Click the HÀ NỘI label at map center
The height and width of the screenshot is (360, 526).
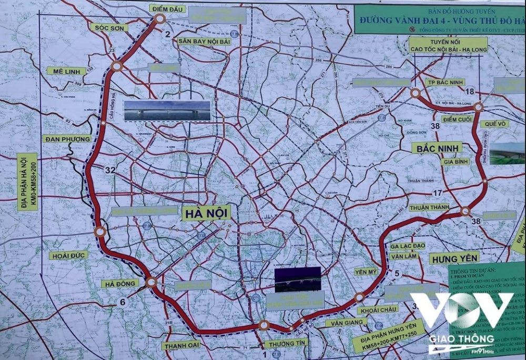tap(207, 213)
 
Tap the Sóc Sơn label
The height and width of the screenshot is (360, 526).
tap(109, 27)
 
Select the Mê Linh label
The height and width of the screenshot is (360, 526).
tap(66, 71)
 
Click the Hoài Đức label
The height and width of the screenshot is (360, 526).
tap(68, 255)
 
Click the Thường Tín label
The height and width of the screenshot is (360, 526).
tap(286, 344)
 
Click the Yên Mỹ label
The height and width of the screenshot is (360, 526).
tap(366, 272)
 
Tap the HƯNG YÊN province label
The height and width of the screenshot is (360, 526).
tap(454, 258)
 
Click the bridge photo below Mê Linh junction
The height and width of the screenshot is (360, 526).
tap(167, 111)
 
